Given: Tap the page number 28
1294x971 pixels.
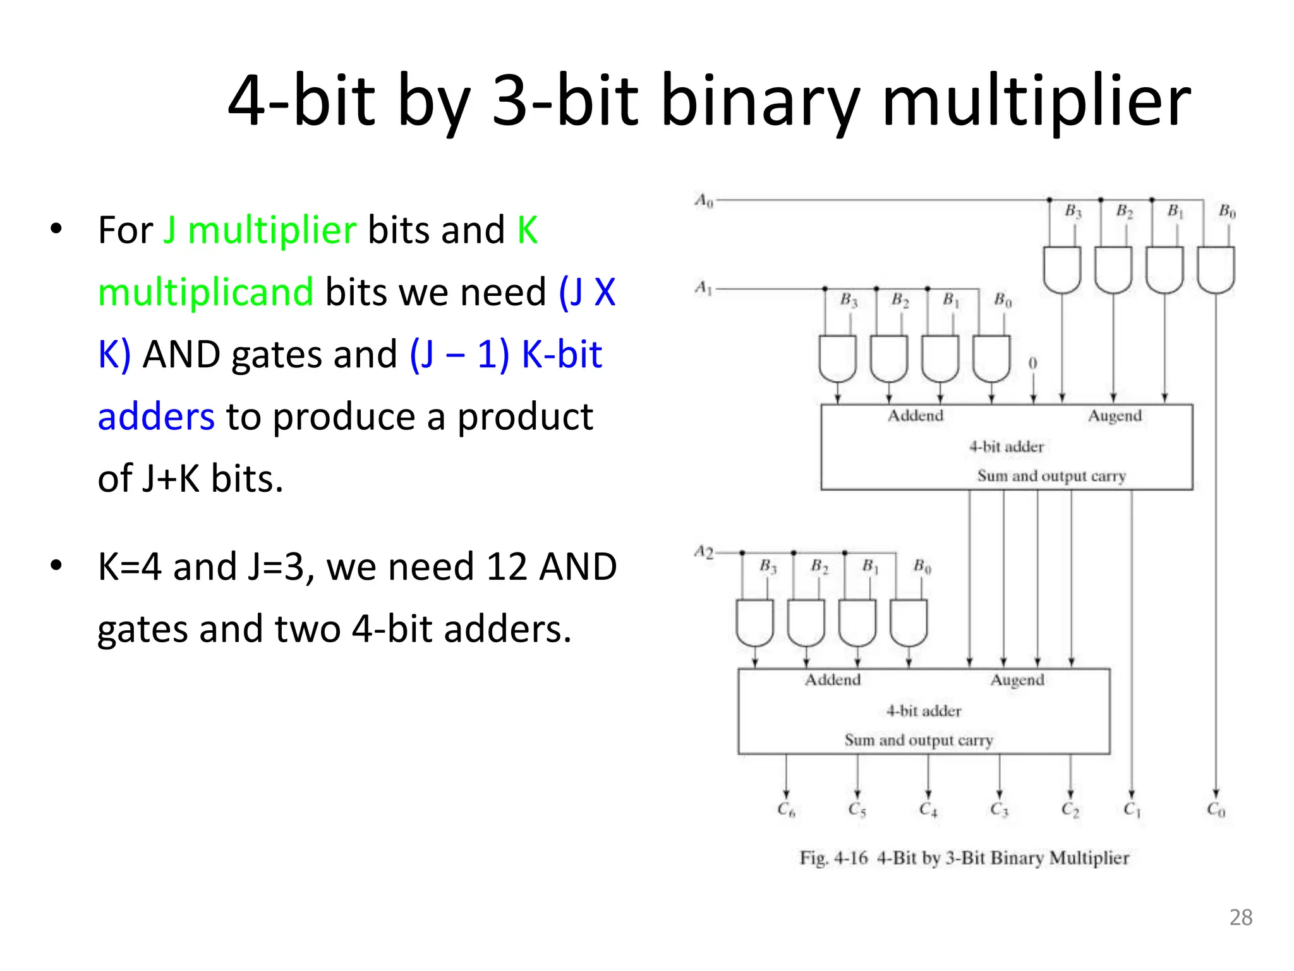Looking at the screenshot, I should click(x=1241, y=917).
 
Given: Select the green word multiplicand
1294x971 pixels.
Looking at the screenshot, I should click(x=205, y=292).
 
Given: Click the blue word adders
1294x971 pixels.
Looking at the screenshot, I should click(x=156, y=417).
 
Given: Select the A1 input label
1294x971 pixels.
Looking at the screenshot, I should click(x=703, y=288).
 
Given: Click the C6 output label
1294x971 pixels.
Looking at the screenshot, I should click(x=785, y=809).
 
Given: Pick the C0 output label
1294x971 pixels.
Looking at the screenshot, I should click(x=1216, y=809).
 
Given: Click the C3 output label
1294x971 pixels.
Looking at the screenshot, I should click(x=999, y=809).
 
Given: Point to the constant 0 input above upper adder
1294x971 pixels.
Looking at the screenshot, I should click(x=1032, y=363).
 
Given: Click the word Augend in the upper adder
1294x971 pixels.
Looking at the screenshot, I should click(x=1115, y=416).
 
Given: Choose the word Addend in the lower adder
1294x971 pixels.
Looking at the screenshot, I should click(x=832, y=680).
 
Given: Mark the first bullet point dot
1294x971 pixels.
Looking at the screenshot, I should click(x=56, y=229).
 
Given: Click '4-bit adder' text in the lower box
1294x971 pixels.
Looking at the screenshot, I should click(x=923, y=711).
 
